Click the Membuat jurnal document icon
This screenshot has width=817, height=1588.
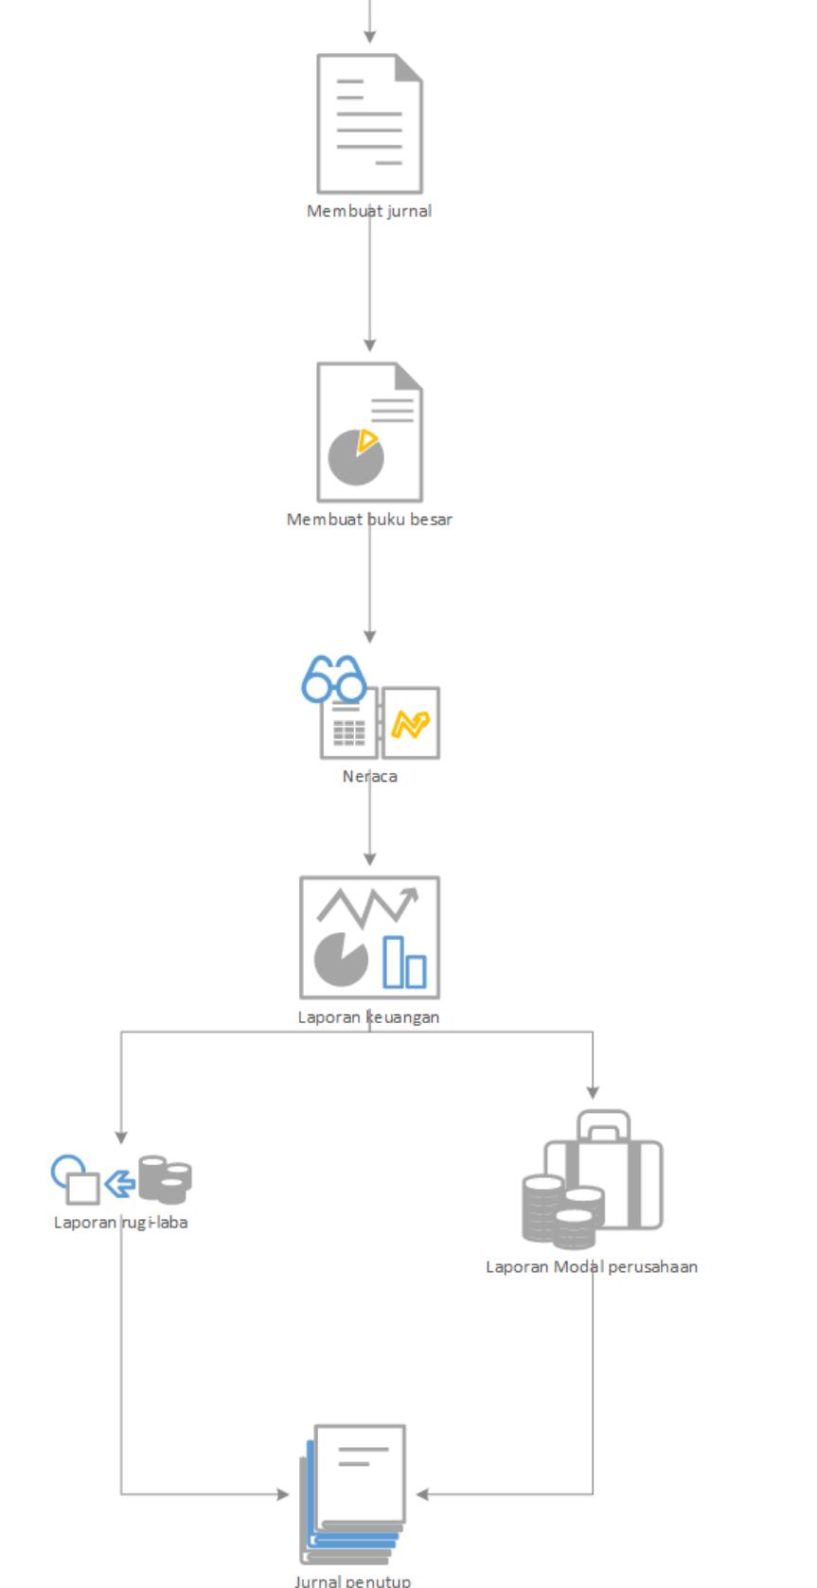369,123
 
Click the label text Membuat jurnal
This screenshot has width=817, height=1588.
369,211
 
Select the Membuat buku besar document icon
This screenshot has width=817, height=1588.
369,431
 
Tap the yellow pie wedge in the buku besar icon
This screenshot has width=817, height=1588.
367,440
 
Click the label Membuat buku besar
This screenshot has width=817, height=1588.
369,520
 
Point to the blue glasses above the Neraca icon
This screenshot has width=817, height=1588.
333,679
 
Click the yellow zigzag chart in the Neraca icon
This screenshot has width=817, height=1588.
411,725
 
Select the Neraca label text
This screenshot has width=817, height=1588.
369,776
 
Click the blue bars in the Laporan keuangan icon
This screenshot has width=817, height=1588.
404,962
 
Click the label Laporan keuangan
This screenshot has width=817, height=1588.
368,1017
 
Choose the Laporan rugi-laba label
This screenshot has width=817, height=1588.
120,1223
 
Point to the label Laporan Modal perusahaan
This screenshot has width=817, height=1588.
592,1267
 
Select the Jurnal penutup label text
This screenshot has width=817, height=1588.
352,1580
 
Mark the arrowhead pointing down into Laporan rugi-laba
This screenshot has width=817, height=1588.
121,1138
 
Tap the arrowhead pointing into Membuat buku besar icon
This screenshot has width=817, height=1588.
369,344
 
